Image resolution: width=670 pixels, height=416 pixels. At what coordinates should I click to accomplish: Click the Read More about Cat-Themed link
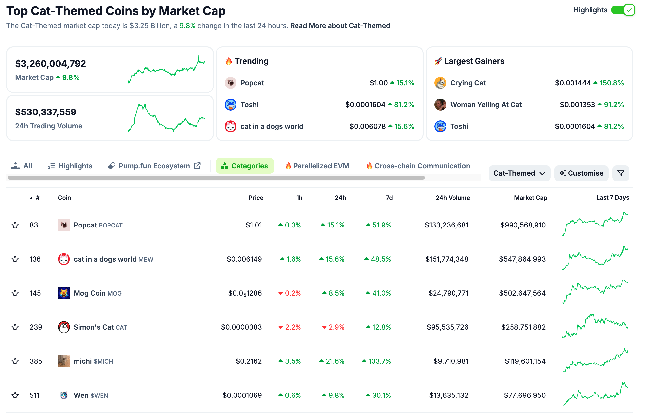click(340, 26)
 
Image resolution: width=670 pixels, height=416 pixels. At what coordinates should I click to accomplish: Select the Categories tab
click(245, 166)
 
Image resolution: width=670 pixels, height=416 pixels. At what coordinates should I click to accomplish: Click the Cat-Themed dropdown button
click(519, 173)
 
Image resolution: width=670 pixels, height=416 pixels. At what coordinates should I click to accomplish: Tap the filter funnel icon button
click(620, 173)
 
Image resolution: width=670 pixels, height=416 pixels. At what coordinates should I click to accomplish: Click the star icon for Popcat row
click(15, 225)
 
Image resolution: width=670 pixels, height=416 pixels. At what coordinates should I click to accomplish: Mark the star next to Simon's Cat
click(15, 327)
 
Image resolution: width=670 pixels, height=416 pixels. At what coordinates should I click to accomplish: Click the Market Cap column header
click(530, 198)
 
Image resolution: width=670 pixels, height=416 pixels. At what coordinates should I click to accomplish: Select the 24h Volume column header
click(453, 198)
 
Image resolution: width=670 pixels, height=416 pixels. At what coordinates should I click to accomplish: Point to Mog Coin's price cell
click(245, 293)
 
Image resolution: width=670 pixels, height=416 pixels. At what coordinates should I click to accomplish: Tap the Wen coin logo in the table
click(64, 395)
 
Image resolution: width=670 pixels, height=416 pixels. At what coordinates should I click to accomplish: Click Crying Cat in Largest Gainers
click(467, 83)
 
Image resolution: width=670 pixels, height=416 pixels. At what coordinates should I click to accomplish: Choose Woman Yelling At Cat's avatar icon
click(440, 105)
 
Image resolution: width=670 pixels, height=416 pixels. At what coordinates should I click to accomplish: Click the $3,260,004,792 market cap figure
click(50, 64)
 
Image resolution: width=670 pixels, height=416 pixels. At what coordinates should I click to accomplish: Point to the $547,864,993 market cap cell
click(522, 259)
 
